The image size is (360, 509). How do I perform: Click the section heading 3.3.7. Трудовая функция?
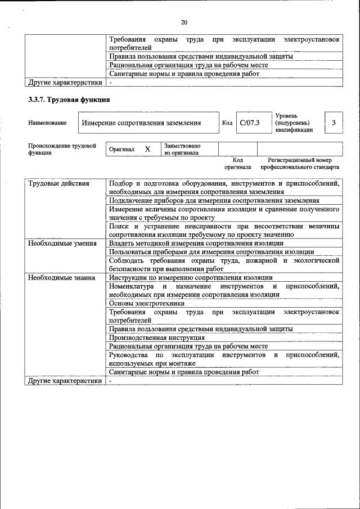pyautogui.click(x=69, y=100)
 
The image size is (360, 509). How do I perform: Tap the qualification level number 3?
pyautogui.click(x=334, y=123)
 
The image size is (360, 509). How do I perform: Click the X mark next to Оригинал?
pyautogui.click(x=148, y=150)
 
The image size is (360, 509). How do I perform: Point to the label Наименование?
pyautogui.click(x=47, y=123)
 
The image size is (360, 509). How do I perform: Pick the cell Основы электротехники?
pyautogui.click(x=147, y=303)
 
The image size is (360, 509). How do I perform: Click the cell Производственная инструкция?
pyautogui.click(x=157, y=337)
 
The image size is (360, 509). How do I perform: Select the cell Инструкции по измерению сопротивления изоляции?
pyautogui.click(x=191, y=278)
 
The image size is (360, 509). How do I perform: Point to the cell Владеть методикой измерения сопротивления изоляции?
pyautogui.click(x=196, y=244)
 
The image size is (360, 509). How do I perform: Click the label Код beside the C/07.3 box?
pyautogui.click(x=227, y=123)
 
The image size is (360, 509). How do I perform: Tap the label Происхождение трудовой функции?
pyautogui.click(x=62, y=149)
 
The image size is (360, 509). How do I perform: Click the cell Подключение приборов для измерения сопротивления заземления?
pyautogui.click(x=214, y=200)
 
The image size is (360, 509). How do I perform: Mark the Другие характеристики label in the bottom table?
pyautogui.click(x=65, y=381)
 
